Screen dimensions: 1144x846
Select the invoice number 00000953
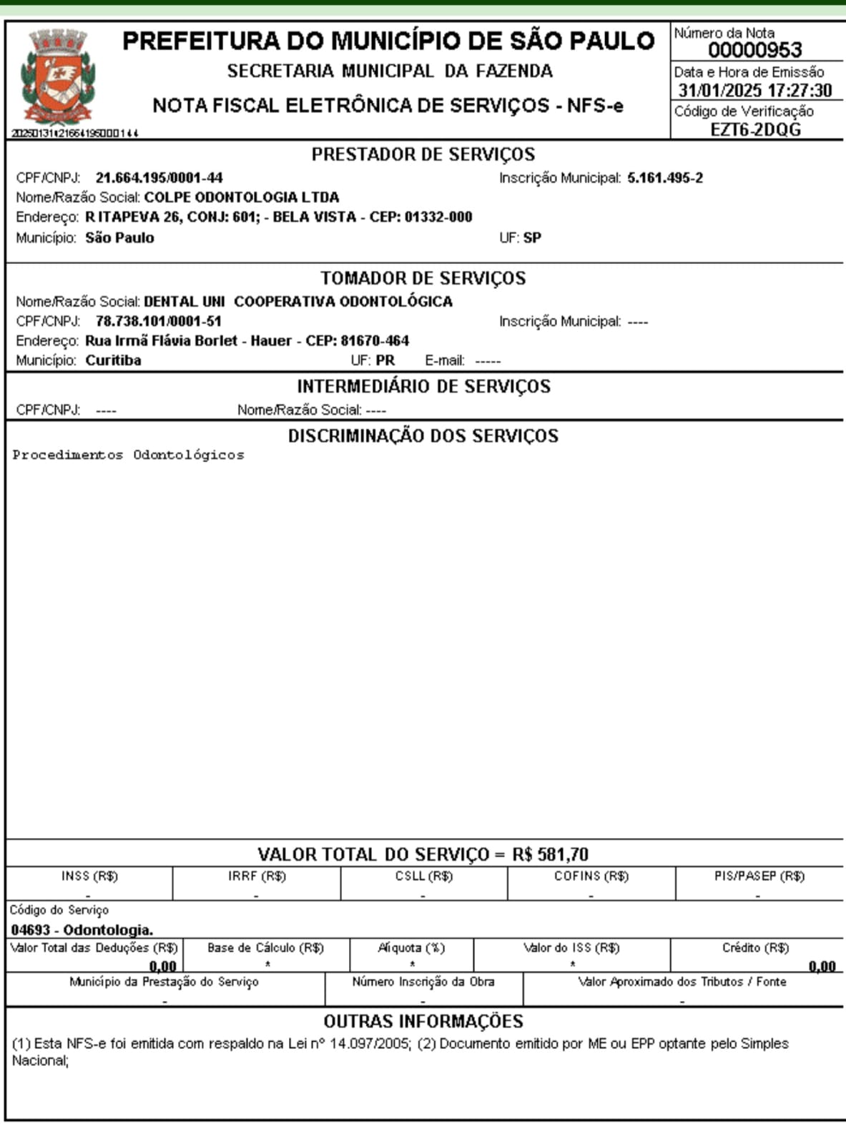point(754,50)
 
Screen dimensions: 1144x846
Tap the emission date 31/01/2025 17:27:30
point(755,91)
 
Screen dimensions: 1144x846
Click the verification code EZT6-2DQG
point(755,129)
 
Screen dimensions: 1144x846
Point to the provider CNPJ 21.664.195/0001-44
point(159,177)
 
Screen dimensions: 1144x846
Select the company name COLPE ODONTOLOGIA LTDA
point(242,197)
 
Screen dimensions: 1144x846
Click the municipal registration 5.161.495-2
point(665,177)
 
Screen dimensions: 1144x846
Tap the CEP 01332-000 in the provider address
point(438,217)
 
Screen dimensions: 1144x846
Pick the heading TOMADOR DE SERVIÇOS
point(423,278)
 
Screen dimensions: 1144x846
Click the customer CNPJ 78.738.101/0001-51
point(158,321)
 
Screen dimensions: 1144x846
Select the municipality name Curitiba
point(113,360)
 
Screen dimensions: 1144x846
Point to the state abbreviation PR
point(385,360)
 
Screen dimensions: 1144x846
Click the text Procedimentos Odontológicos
point(128,455)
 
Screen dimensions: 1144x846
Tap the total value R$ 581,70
point(550,854)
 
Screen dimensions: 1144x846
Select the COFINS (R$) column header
point(591,876)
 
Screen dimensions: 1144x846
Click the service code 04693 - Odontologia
point(82,929)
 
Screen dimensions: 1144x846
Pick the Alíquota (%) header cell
point(411,948)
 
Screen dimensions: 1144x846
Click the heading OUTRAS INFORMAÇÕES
point(423,1021)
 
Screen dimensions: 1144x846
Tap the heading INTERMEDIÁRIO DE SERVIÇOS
point(423,387)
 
